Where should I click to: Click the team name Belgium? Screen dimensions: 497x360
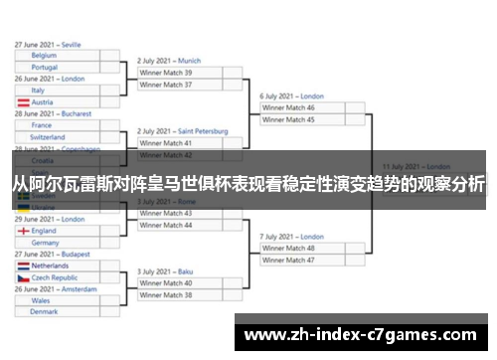coord(44,56)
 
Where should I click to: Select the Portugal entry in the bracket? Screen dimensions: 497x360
coord(45,68)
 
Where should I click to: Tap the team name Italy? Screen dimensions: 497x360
coord(38,90)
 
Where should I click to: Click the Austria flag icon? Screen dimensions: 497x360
coord(23,102)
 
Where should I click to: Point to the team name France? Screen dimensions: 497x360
coord(41,125)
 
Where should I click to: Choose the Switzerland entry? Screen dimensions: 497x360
coord(48,137)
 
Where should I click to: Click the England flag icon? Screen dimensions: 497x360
coord(23,231)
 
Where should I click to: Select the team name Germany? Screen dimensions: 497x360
coord(45,243)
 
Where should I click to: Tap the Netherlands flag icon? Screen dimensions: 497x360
coord(23,267)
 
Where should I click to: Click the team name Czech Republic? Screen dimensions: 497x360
coord(55,278)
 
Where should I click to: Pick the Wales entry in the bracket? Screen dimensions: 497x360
coord(41,300)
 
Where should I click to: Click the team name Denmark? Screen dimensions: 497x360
coord(44,312)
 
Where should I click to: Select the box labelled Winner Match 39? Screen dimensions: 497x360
coord(166,73)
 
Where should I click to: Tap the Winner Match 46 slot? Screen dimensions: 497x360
coord(288,107)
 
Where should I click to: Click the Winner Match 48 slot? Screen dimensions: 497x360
coord(288,248)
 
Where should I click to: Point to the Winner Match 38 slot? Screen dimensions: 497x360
coord(166,294)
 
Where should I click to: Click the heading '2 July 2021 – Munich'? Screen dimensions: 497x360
coord(169,61)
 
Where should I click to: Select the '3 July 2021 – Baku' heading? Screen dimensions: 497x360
coord(165,270)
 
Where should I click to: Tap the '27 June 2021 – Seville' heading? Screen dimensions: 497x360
coord(48,45)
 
